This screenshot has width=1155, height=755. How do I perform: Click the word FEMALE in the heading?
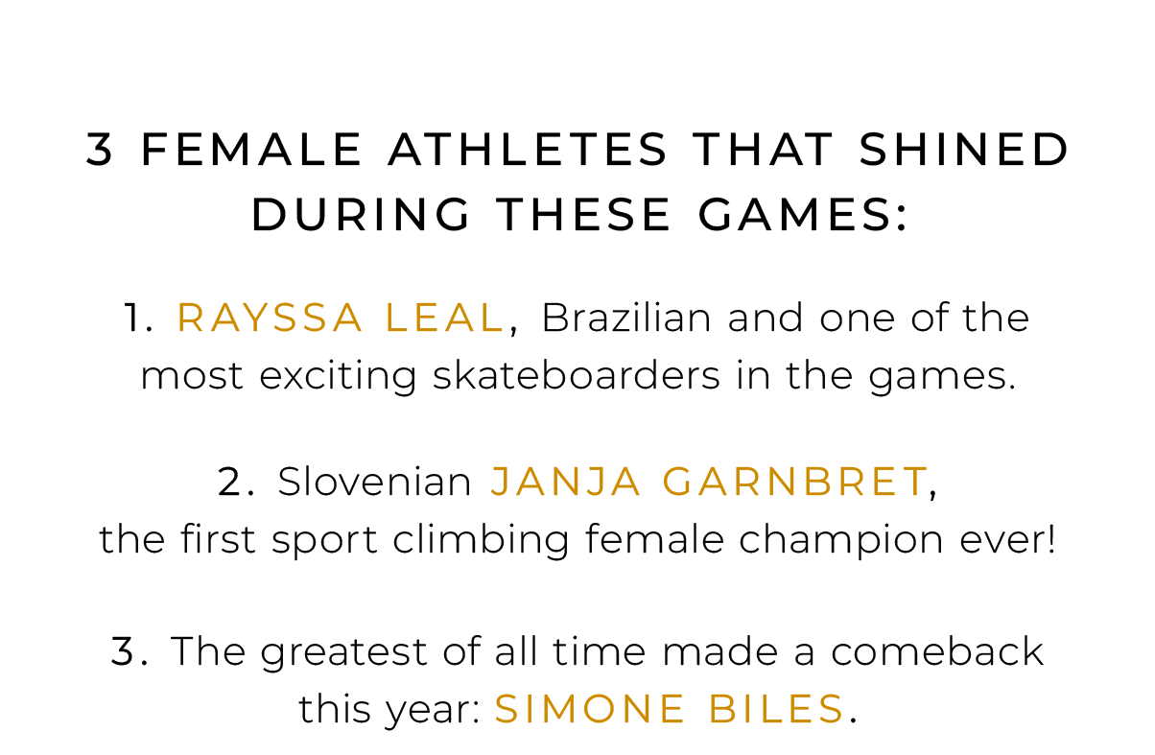251,150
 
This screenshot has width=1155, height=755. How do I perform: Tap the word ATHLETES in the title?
528,150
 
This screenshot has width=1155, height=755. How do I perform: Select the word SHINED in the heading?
963,150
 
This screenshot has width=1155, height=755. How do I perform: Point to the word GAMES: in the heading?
802,215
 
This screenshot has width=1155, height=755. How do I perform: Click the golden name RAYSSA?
270,318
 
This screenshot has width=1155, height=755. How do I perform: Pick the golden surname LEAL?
444,318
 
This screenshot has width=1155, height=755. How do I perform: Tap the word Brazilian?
626,318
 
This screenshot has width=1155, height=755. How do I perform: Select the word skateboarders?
576,375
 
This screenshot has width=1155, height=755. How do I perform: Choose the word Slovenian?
374,482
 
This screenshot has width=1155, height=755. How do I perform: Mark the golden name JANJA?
566,482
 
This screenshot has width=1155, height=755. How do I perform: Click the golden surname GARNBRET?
794,482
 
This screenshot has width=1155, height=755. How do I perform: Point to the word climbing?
481,540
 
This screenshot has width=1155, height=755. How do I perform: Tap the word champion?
840,540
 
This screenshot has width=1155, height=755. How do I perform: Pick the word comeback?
937,651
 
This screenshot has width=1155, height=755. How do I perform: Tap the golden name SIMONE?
589,710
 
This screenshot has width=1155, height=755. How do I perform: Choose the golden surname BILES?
776,710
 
